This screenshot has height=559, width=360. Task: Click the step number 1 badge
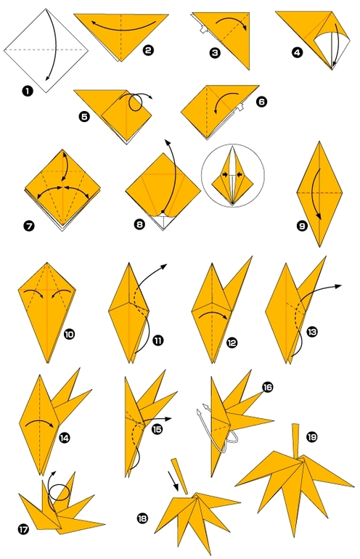tap(28, 91)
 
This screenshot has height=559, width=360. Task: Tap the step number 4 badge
tap(297, 53)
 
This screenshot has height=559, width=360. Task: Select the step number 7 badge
tap(29, 226)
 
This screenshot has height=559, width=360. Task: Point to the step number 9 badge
tap(302, 226)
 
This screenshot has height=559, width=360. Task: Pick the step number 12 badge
tap(232, 343)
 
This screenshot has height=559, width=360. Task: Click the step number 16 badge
tap(267, 387)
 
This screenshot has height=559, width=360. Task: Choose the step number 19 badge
tap(312, 437)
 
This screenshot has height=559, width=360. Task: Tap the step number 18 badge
tap(142, 518)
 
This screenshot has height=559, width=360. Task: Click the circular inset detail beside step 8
tap(233, 176)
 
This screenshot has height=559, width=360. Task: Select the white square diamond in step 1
tap(46, 50)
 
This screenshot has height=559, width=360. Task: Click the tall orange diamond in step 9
tap(319, 194)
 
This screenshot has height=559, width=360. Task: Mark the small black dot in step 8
tap(163, 212)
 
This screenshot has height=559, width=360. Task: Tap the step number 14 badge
tap(64, 438)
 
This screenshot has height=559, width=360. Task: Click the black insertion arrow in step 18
tap(173, 481)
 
